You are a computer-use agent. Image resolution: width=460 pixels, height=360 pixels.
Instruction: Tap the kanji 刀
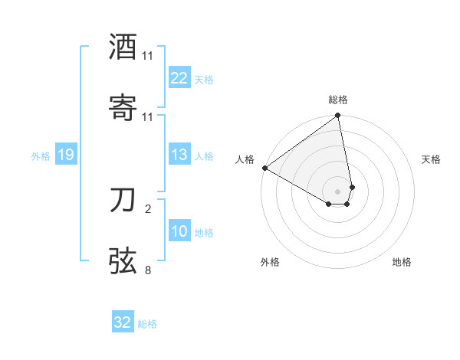(x=123, y=201)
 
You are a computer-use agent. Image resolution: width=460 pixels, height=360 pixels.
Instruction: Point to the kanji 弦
(x=123, y=261)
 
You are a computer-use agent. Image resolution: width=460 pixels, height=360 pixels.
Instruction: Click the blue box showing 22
(x=179, y=78)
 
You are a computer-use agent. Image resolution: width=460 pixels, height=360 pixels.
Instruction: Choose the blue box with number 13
(x=179, y=155)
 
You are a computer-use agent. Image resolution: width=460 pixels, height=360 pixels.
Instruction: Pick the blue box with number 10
(x=179, y=231)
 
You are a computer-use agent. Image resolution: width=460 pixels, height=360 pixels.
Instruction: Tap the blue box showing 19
(x=65, y=155)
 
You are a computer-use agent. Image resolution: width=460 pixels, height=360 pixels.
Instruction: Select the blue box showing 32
(x=123, y=322)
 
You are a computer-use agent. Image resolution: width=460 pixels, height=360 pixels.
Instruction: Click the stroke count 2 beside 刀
(x=148, y=208)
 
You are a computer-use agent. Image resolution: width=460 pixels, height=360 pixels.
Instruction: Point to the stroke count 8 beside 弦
(x=148, y=269)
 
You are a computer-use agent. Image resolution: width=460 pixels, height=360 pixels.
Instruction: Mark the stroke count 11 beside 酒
(x=148, y=56)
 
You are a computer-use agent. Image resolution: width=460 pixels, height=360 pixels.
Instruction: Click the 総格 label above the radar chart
(x=338, y=100)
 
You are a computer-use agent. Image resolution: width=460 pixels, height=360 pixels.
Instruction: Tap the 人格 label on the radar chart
(x=245, y=159)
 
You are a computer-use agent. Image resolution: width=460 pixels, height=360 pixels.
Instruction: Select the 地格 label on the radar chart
(x=402, y=262)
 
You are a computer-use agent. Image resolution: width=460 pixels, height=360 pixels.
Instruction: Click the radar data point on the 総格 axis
(x=338, y=116)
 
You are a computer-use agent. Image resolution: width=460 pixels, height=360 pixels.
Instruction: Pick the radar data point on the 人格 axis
(x=264, y=168)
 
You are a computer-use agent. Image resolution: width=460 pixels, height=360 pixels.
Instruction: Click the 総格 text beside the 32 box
(x=147, y=324)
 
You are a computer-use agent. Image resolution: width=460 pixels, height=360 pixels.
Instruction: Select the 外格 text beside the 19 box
(x=41, y=156)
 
